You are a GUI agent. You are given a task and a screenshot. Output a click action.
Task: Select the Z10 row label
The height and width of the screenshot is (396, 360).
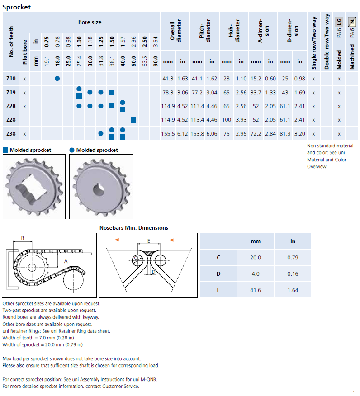[x=11, y=79]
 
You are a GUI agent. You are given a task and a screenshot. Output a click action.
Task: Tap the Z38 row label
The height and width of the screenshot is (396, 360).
[x=11, y=134]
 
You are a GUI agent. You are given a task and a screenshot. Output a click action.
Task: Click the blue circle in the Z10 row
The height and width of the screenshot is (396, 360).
[x=57, y=79]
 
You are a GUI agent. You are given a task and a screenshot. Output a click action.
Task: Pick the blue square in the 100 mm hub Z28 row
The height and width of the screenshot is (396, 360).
[x=133, y=120]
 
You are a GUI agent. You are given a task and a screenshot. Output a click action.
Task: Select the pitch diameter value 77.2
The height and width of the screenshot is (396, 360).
[x=197, y=92]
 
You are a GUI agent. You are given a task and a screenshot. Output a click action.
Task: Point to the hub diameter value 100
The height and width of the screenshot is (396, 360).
[x=227, y=120]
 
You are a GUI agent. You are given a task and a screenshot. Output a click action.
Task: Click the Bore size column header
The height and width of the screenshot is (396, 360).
[x=90, y=22]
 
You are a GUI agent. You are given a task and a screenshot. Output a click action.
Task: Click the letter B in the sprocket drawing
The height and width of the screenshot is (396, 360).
[x=23, y=238]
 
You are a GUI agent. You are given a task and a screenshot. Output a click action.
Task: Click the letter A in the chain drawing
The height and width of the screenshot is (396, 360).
[x=66, y=261]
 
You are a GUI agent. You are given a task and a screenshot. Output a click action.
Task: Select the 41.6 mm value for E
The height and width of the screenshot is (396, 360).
[x=256, y=290]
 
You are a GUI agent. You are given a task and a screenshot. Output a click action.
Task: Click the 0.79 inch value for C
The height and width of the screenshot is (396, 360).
[x=293, y=257]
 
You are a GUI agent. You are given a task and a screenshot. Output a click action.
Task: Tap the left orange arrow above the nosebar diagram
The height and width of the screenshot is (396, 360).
[x=119, y=240]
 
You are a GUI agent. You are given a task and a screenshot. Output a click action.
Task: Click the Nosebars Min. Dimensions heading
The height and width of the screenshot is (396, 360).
[x=133, y=228]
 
